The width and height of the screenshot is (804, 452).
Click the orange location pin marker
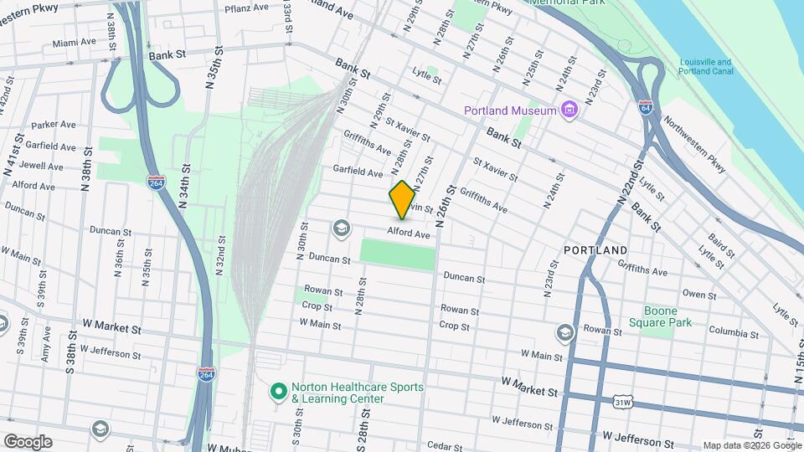tap(402, 199)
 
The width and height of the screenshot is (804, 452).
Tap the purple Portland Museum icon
tap(570, 110)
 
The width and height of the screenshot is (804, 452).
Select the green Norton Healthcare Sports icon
tap(278, 391)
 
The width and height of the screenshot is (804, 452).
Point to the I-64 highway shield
tap(645, 107)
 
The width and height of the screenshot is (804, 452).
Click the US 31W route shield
tap(621, 403)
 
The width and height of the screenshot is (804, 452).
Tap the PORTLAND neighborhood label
tap(595, 250)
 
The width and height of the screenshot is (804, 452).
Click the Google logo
tap(28, 441)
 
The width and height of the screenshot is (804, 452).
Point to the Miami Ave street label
tap(75, 43)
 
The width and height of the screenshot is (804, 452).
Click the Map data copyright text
tap(751, 445)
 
